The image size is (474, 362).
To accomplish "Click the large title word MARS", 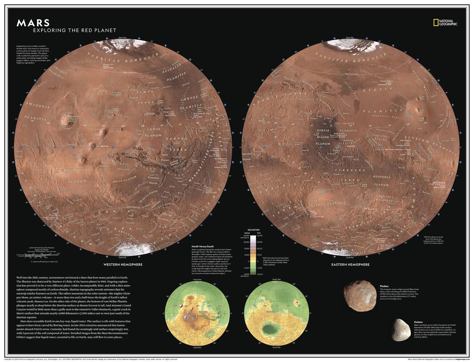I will [x=33, y=23].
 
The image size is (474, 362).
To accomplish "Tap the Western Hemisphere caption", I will [x=123, y=264].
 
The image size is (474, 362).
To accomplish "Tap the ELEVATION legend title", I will [x=253, y=230].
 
